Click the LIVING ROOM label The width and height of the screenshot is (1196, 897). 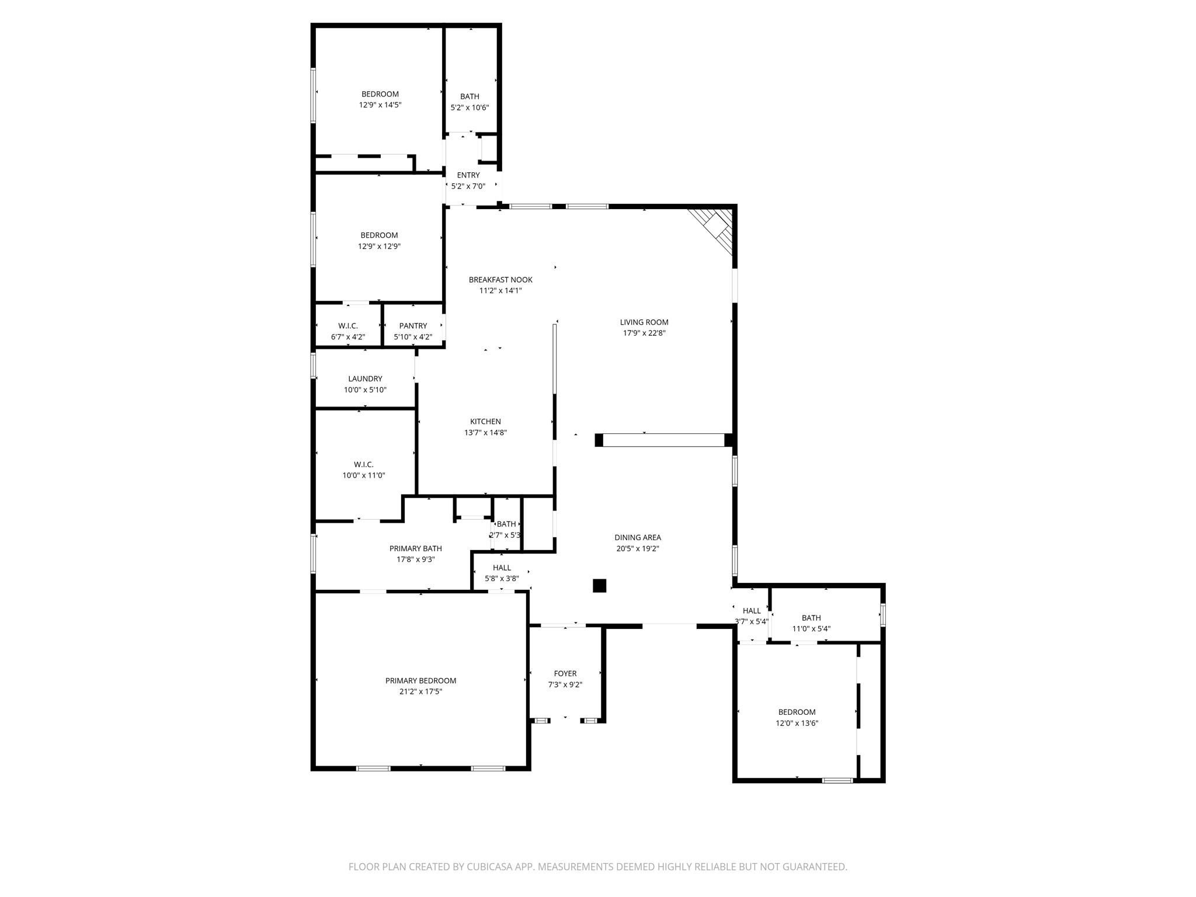point(644,322)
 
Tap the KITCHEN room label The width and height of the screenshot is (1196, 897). point(485,422)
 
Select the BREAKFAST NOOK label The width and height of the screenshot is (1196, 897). point(500,280)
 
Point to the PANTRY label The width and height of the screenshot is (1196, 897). point(413,326)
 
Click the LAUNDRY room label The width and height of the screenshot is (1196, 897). point(365,379)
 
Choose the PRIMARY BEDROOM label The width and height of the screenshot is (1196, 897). point(420,681)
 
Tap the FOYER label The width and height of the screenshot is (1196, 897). point(565,674)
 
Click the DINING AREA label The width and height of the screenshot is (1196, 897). point(637,538)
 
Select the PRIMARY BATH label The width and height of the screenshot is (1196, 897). point(415,548)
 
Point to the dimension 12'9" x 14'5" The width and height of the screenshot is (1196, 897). point(380,105)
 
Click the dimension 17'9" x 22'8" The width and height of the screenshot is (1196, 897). point(644,333)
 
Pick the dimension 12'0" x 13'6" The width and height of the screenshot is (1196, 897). point(797,723)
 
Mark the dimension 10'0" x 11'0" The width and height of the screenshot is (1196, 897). point(363,475)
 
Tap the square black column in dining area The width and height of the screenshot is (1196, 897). point(599,586)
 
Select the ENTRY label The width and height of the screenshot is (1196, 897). point(468,175)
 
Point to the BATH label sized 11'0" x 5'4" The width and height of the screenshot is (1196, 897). point(811,618)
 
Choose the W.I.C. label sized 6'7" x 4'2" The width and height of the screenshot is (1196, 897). point(347,326)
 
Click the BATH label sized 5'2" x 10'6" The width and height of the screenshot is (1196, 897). point(469,96)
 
